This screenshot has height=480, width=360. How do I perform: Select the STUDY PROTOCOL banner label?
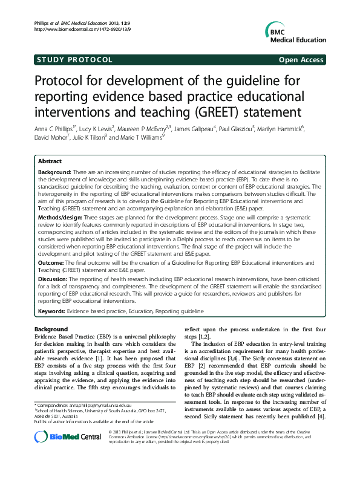(x=75, y=60)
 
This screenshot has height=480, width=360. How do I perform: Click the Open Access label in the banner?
(x=301, y=60)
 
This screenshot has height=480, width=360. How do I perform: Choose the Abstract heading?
(x=50, y=162)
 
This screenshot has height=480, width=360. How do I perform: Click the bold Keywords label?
(x=51, y=311)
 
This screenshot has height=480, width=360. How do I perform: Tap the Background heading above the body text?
(x=51, y=329)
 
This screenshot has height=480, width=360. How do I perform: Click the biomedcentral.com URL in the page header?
(x=71, y=29)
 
